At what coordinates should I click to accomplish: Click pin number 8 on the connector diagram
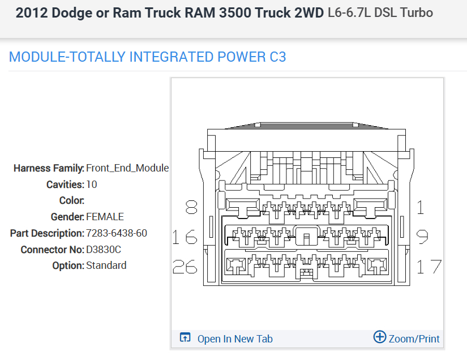pyautogui.click(x=191, y=208)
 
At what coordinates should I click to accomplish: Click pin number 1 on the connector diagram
pyautogui.click(x=420, y=208)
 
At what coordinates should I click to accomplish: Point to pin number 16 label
pyautogui.click(x=185, y=237)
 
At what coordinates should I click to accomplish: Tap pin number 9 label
pyautogui.click(x=422, y=237)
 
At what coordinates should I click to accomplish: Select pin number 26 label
pyautogui.click(x=185, y=266)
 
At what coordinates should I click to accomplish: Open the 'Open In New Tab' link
pyautogui.click(x=235, y=339)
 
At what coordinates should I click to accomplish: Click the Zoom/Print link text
pyautogui.click(x=414, y=339)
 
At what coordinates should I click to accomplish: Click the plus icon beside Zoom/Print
pyautogui.click(x=380, y=337)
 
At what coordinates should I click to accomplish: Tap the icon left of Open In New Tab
pyautogui.click(x=185, y=338)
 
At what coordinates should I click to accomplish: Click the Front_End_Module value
pyautogui.click(x=127, y=168)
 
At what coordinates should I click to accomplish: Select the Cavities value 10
pyautogui.click(x=92, y=185)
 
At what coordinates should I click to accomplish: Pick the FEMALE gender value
pyautogui.click(x=105, y=217)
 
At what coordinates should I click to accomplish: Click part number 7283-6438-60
pyautogui.click(x=117, y=233)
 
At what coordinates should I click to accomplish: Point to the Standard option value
pyautogui.click(x=106, y=265)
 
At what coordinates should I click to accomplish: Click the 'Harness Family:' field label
pyautogui.click(x=49, y=168)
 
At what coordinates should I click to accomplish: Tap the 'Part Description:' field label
pyautogui.click(x=47, y=233)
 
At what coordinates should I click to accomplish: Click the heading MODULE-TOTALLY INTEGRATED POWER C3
pyautogui.click(x=148, y=57)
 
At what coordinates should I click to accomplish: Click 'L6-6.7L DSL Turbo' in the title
pyautogui.click(x=380, y=12)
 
